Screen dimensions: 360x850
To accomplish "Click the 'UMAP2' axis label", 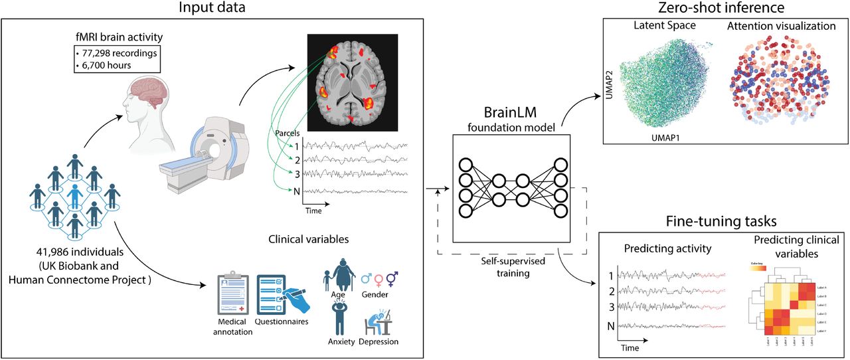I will [x=610, y=82].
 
